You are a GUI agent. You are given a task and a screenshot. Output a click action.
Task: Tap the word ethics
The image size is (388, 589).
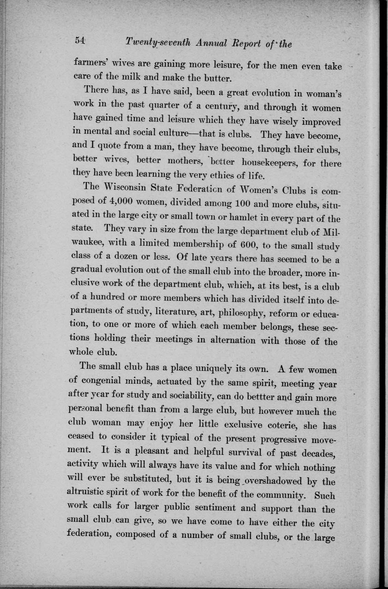pos(215,177)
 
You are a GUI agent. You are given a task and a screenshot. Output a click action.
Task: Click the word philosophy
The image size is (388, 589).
pos(238,313)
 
